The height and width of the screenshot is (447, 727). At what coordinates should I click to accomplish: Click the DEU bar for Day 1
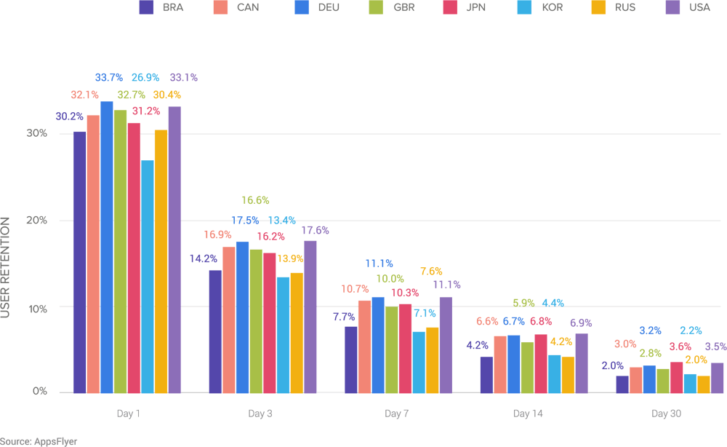pyautogui.click(x=106, y=248)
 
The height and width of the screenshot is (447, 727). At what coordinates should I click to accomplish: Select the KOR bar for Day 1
pyautogui.click(x=148, y=277)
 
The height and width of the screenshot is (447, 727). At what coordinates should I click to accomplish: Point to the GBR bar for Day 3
pyautogui.click(x=256, y=321)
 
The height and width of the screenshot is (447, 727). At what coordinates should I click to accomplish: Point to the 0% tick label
pyautogui.click(x=40, y=392)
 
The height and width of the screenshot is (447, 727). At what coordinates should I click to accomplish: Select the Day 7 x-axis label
pyautogui.click(x=397, y=414)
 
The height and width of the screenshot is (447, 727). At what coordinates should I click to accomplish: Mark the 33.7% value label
pyautogui.click(x=109, y=77)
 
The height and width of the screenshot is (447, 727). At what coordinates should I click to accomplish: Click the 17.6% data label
pyautogui.click(x=315, y=230)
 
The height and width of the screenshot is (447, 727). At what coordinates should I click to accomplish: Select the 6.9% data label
pyautogui.click(x=581, y=323)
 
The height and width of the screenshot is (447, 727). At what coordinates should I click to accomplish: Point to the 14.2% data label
pyautogui.click(x=203, y=258)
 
